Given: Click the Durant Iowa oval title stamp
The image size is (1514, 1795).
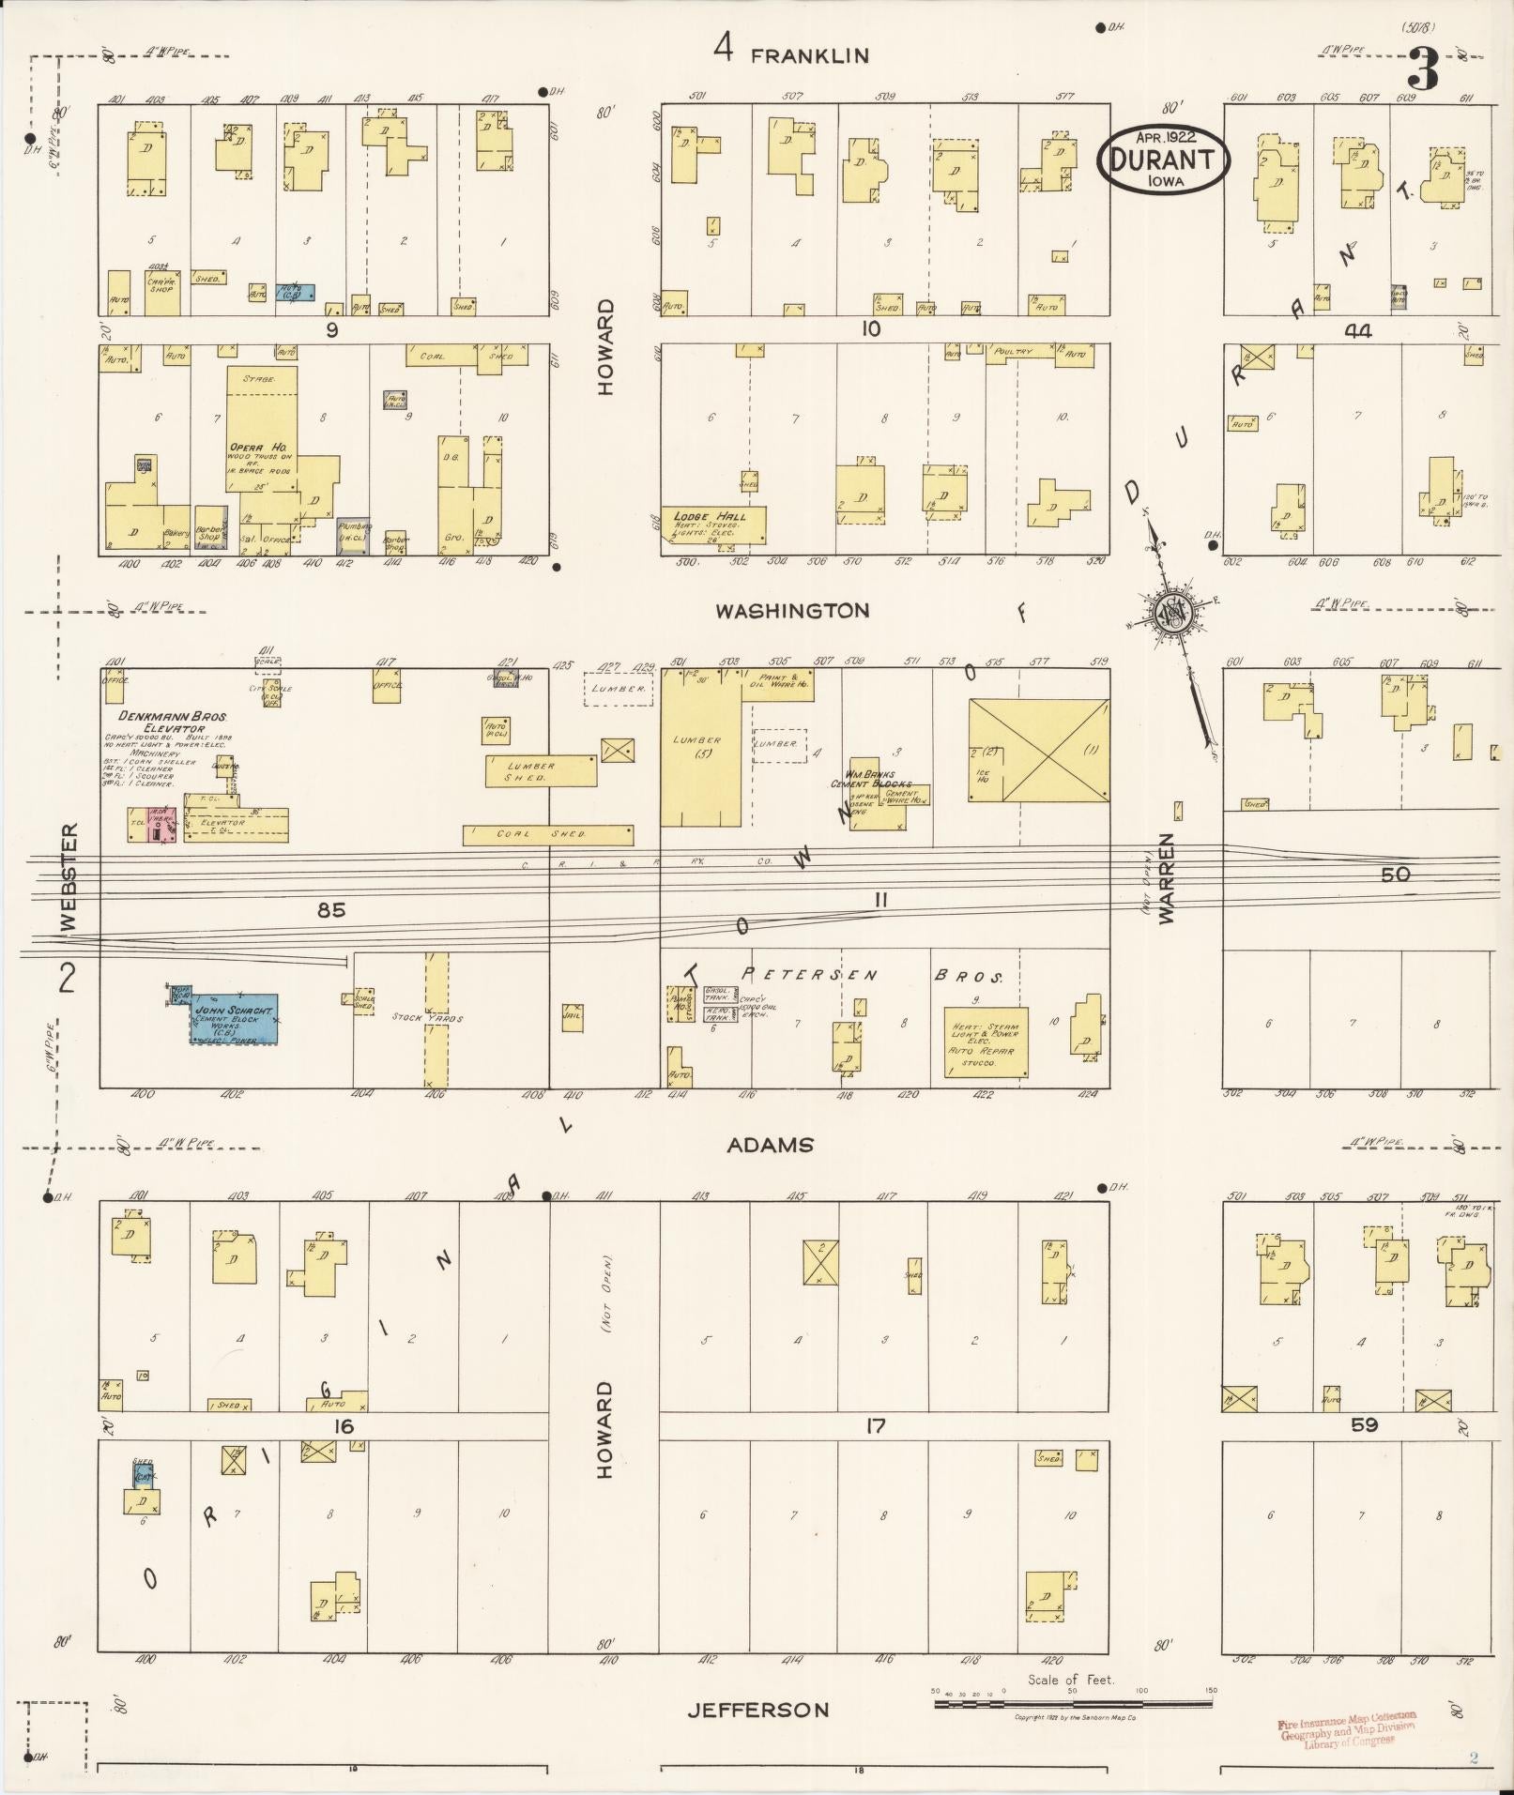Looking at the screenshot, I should pos(1163,161).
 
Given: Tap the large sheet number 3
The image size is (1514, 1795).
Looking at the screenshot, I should pos(1423,70).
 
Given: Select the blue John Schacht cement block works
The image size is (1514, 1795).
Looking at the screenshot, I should pos(234,1019).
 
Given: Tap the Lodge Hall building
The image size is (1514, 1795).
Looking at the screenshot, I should pos(713,525).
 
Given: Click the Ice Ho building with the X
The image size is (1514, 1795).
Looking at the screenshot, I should pos(1038,750).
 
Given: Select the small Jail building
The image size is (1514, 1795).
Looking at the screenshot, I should pos(572,1017).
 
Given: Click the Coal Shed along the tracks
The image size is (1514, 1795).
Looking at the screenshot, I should pos(548,834).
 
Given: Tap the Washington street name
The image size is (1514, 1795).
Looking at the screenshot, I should pos(792,611).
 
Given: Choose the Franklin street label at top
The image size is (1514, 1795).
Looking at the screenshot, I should pos(809,56).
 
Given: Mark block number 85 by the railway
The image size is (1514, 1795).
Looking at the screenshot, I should pos(331,909).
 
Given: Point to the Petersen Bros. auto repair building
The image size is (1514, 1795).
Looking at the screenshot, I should pos(986,1042).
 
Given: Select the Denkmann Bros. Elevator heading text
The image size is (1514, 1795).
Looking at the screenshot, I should pos(173,721).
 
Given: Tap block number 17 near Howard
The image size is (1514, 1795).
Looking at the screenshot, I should pos(875,1426).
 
